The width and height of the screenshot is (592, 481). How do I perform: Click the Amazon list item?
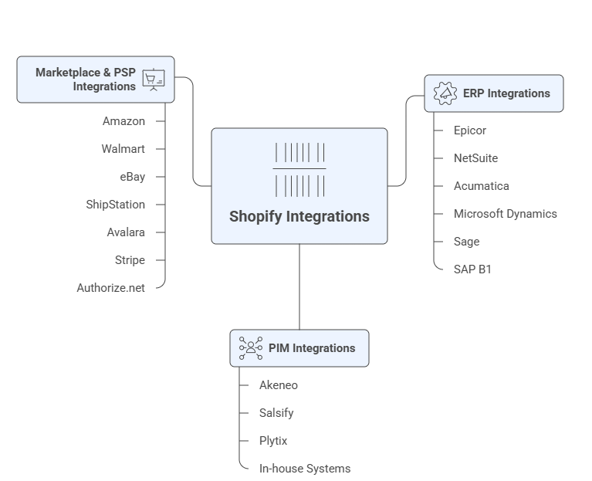click(123, 121)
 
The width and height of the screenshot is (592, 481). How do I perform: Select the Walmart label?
click(123, 149)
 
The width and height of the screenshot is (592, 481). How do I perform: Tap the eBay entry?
click(132, 177)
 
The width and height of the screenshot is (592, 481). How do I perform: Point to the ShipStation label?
click(115, 205)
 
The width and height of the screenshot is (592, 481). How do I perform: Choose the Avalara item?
click(125, 232)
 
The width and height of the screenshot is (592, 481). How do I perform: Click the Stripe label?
click(129, 260)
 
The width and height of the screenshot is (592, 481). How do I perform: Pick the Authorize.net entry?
click(110, 288)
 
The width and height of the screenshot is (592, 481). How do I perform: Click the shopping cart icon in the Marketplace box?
click(154, 80)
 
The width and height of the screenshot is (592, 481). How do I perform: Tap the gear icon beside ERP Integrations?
click(445, 93)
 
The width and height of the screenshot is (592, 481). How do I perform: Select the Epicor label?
click(469, 130)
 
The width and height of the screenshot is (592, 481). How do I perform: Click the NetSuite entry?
click(475, 158)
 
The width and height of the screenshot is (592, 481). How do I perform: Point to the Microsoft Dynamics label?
click(505, 214)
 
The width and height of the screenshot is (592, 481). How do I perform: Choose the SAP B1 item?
click(472, 269)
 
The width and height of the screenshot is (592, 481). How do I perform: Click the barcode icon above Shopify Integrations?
click(299, 169)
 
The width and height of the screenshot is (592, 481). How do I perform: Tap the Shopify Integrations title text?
click(299, 217)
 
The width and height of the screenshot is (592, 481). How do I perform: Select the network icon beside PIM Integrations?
click(250, 348)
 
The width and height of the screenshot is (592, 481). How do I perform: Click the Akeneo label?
click(279, 385)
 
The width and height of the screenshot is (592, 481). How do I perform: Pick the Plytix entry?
click(273, 441)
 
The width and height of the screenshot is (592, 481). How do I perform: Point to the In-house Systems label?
click(305, 469)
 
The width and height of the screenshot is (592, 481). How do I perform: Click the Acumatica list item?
click(481, 186)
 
